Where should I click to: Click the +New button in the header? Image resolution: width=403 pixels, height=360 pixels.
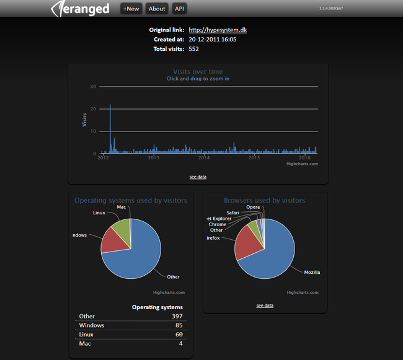[131, 9]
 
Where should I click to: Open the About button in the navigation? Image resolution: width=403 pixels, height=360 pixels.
[157, 9]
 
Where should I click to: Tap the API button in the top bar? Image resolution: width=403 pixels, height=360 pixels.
[179, 9]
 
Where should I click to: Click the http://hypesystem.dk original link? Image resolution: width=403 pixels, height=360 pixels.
[218, 30]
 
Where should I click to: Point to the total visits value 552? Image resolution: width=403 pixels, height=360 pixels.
[193, 48]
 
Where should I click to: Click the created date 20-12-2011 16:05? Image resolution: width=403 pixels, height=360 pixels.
[212, 39]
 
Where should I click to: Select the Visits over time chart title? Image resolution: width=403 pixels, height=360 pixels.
[198, 72]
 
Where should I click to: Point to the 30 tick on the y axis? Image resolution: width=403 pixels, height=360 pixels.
[93, 87]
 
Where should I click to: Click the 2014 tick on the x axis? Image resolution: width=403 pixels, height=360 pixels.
[203, 158]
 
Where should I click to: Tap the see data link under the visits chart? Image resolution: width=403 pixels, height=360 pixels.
[198, 177]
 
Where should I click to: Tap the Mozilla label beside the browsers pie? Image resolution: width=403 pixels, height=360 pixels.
[312, 272]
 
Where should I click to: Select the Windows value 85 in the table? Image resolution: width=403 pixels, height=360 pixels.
[179, 325]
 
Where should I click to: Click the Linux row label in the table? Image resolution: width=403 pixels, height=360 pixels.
[87, 335]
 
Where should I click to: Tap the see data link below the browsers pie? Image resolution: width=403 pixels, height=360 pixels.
[265, 305]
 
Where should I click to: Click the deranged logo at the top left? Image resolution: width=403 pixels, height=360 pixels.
[81, 9]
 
